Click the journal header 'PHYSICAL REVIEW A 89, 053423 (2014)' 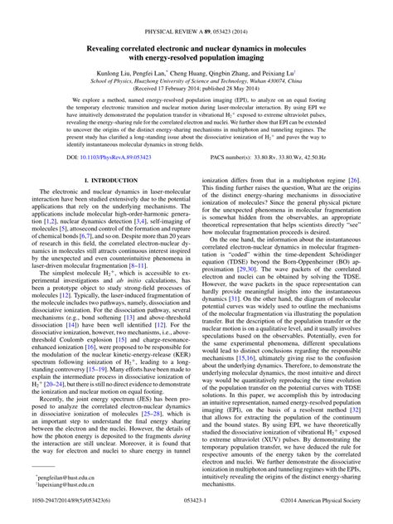pyautogui.click(x=196, y=7)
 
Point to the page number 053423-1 pyautogui.click(x=196, y=502)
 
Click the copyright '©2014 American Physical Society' pyautogui.click(x=326, y=502)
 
